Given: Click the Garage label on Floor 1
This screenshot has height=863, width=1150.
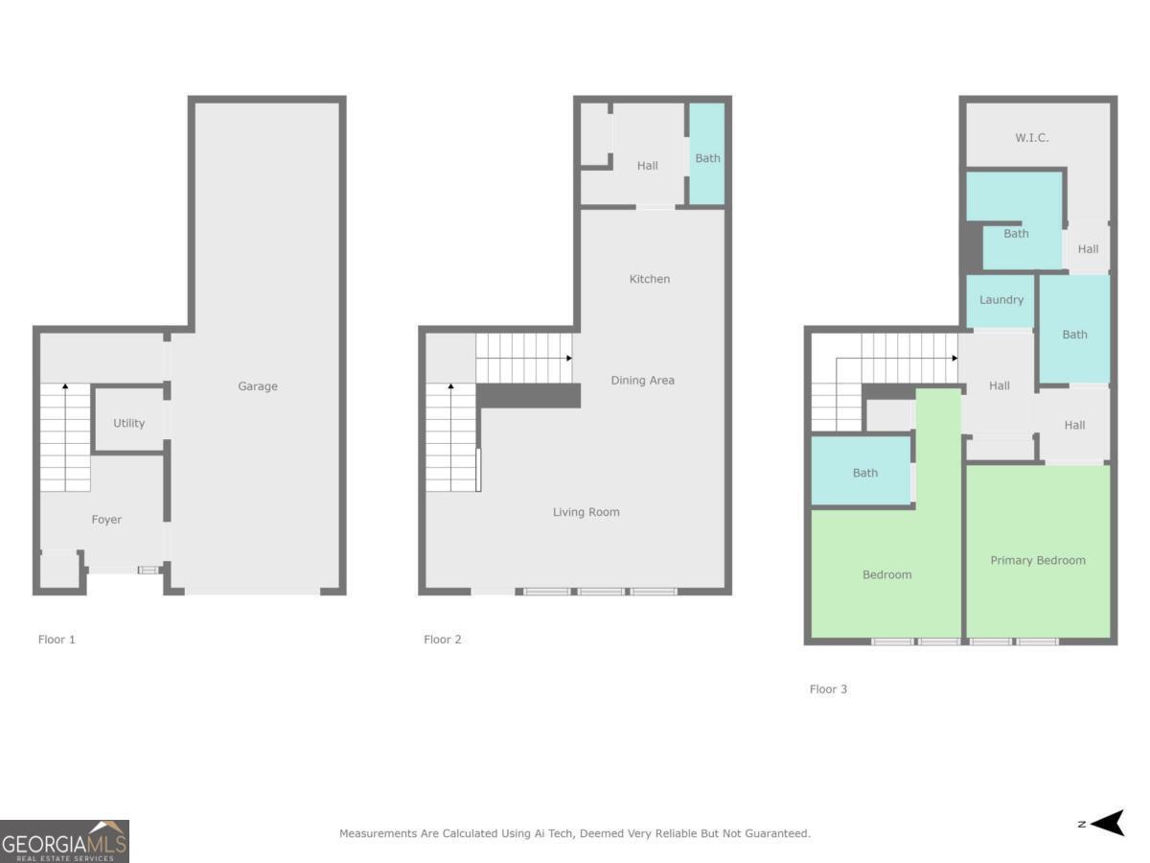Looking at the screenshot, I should click(x=258, y=386).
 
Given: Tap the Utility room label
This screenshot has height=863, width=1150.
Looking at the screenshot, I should click(x=128, y=423).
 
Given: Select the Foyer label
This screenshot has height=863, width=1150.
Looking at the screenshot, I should click(x=106, y=520).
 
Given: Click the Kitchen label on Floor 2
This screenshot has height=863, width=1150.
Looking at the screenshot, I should click(x=650, y=279).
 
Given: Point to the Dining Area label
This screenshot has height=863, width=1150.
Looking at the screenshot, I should click(x=642, y=381).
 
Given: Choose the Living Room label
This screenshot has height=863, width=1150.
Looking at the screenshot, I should click(x=586, y=512).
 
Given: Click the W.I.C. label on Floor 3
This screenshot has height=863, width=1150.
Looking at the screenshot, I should click(x=1032, y=138).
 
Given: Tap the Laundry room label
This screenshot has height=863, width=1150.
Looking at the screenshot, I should click(x=1001, y=300).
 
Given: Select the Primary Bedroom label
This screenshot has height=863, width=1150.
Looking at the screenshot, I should click(x=1038, y=561).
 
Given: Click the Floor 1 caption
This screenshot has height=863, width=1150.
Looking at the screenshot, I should click(x=57, y=640).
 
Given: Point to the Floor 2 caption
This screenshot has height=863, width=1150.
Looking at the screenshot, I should click(x=443, y=640).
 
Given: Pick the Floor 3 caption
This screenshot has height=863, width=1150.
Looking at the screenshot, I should click(x=828, y=689).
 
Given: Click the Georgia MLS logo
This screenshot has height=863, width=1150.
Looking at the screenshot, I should click(x=64, y=841).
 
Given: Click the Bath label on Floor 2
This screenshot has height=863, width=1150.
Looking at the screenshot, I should click(x=707, y=158).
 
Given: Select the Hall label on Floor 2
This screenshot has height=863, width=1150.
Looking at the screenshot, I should click(x=648, y=166).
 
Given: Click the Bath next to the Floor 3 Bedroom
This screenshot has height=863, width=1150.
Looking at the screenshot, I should click(x=865, y=473).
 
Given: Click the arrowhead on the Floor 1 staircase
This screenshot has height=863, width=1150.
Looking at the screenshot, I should click(x=65, y=386).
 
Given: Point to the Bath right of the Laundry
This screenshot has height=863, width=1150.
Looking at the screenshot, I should click(x=1074, y=335).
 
